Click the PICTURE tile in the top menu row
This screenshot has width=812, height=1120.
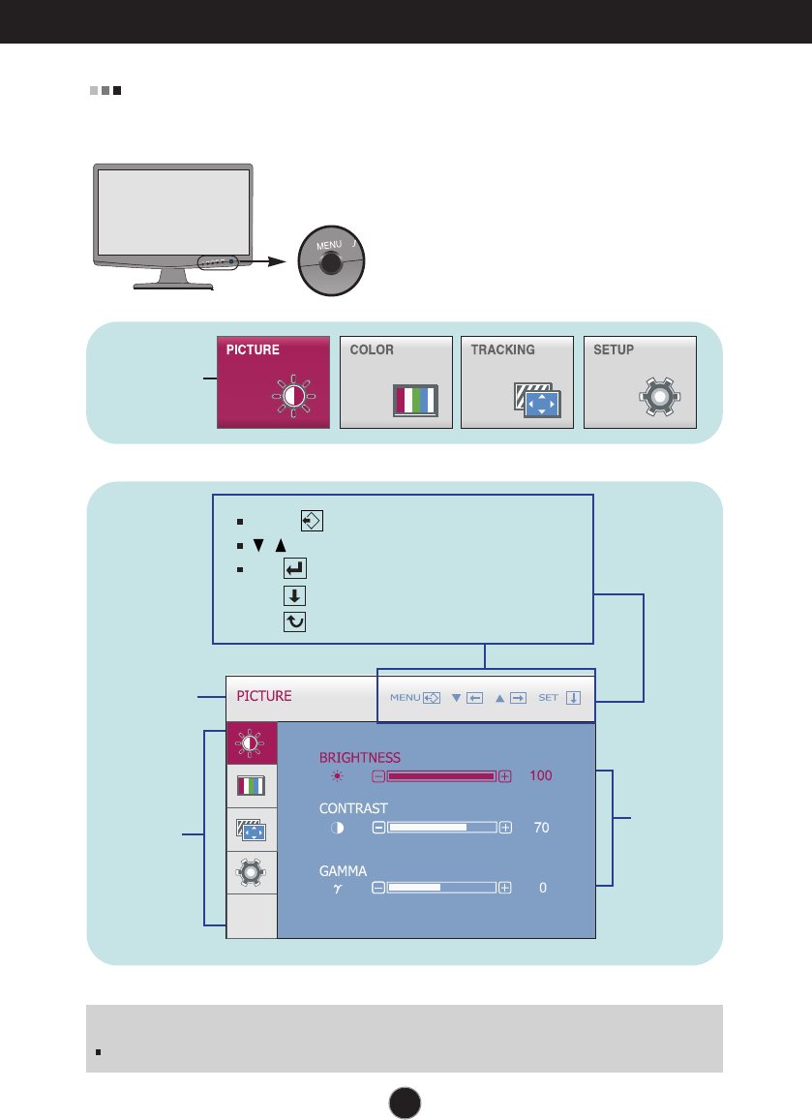273,381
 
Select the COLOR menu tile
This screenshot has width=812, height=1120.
396,381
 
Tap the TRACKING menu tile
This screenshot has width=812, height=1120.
517,381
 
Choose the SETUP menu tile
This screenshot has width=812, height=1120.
640,381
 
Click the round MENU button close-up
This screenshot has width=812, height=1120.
330,261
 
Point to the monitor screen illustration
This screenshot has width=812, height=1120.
175,213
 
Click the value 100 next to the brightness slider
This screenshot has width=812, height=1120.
541,776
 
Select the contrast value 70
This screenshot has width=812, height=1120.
541,828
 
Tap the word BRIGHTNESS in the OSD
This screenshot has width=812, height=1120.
360,757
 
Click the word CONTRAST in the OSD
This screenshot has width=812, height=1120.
354,808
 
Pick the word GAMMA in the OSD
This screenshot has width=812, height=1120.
344,870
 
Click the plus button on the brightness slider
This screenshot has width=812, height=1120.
505,776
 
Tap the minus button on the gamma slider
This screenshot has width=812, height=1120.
378,887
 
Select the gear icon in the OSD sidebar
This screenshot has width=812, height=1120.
252,872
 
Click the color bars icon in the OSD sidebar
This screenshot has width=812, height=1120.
252,786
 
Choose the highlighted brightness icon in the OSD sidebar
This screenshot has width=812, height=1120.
252,743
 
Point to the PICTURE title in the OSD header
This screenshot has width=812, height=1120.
264,696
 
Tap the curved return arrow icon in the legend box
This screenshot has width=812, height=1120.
295,623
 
